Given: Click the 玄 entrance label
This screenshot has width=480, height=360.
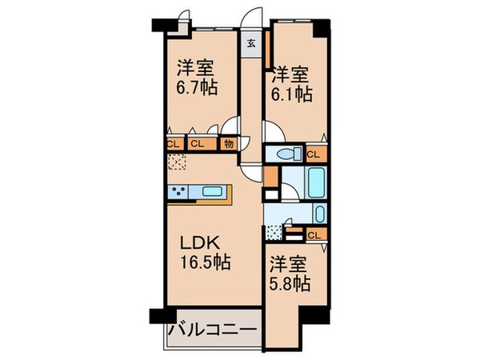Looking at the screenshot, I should click(x=251, y=43).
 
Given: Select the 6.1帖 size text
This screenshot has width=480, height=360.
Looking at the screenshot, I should click(x=290, y=94).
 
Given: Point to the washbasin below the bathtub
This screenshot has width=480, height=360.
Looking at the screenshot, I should click(x=318, y=214).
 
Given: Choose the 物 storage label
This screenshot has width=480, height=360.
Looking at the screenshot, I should click(x=227, y=144).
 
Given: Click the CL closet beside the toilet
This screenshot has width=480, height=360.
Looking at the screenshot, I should click(x=314, y=154).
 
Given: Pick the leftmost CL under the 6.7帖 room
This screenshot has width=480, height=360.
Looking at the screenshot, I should click(x=173, y=144).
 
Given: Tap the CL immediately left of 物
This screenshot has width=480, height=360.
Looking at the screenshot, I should click(x=198, y=144).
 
